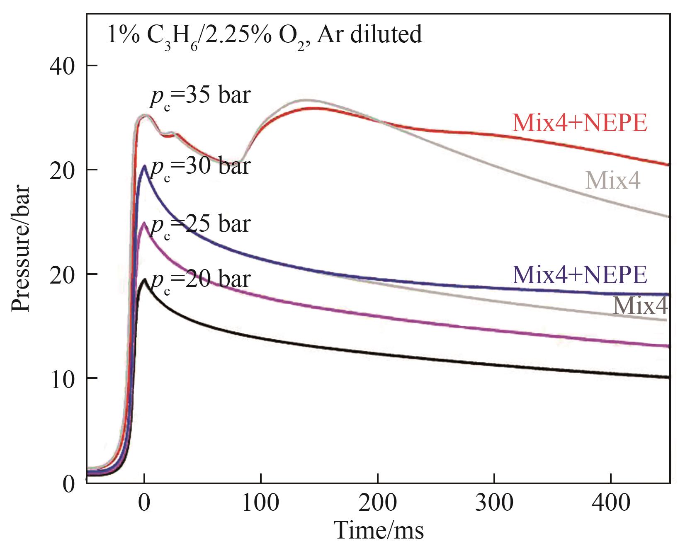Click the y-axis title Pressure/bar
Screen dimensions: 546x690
pyautogui.click(x=21, y=248)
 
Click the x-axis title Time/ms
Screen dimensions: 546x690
pyautogui.click(x=379, y=530)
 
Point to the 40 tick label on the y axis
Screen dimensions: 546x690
pyautogui.click(x=62, y=66)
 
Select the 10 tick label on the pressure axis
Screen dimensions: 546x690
pyautogui.click(x=62, y=379)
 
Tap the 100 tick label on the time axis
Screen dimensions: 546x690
pyautogui.click(x=261, y=503)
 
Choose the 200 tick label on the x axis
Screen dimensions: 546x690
pyautogui.click(x=378, y=503)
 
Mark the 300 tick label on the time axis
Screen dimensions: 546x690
pyautogui.click(x=495, y=503)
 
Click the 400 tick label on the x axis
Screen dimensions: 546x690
pyautogui.click(x=611, y=503)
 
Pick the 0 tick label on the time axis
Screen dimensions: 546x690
pyautogui.click(x=144, y=503)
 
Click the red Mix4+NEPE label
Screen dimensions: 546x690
pyautogui.click(x=579, y=123)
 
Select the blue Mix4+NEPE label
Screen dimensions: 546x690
pyautogui.click(x=579, y=274)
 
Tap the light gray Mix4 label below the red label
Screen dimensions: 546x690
pyautogui.click(x=612, y=180)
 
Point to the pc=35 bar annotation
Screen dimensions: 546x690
pyautogui.click(x=200, y=97)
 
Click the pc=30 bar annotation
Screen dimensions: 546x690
pyautogui.click(x=200, y=167)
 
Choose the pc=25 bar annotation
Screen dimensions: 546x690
pyautogui.click(x=200, y=225)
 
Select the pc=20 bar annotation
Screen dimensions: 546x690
pyautogui.click(x=200, y=280)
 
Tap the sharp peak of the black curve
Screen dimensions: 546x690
pyautogui.click(x=144, y=279)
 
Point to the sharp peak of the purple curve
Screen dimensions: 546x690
pyautogui.click(x=144, y=223)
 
